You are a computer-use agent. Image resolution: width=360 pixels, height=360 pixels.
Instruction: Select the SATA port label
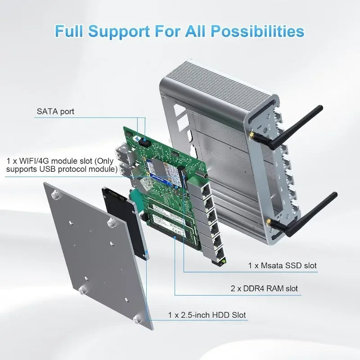[x=55, y=111]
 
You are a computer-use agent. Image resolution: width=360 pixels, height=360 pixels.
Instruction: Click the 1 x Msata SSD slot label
[x=282, y=265]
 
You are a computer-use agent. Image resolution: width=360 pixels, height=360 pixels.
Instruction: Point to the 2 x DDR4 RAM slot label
[x=264, y=288]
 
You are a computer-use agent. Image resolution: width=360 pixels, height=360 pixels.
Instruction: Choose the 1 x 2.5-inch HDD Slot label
[x=207, y=315]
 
